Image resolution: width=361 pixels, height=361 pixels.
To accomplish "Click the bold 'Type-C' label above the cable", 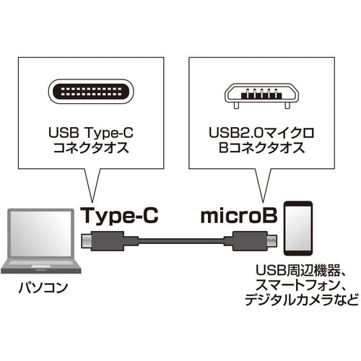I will pos(119,215).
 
